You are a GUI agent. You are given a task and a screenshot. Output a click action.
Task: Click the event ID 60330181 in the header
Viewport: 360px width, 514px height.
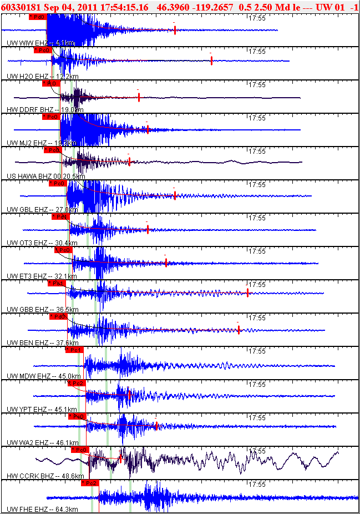pyautogui.click(x=21, y=7)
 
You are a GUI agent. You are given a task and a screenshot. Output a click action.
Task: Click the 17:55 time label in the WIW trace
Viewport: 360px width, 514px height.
pyautogui.click(x=256, y=18)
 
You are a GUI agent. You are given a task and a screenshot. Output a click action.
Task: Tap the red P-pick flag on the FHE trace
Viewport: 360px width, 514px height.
pyautogui.click(x=90, y=483)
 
